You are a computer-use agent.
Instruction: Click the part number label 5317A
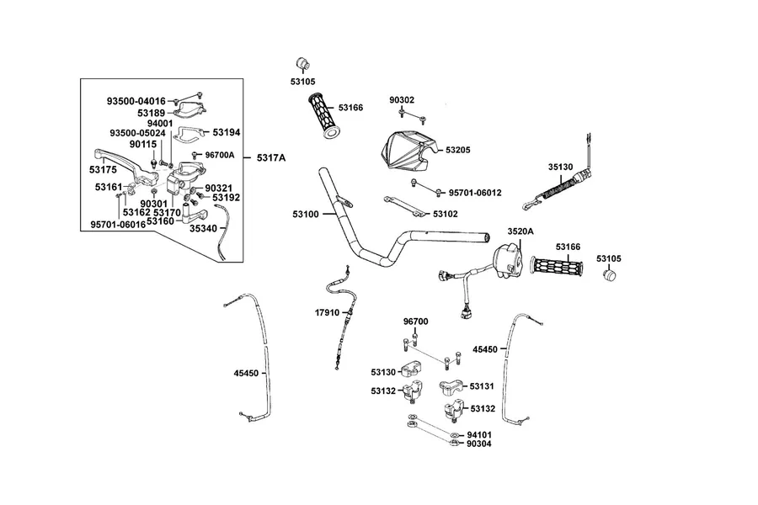(x=270, y=157)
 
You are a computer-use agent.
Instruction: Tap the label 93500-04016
(x=136, y=101)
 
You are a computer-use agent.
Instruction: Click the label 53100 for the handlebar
(x=306, y=214)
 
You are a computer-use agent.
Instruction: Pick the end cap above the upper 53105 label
(x=302, y=64)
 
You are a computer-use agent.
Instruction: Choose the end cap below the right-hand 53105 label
(x=610, y=274)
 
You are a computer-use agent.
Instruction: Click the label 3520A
(x=520, y=231)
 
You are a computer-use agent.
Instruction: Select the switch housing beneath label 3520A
(x=509, y=261)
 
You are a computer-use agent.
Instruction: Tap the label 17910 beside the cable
(x=328, y=312)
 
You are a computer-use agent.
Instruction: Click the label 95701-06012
(x=475, y=193)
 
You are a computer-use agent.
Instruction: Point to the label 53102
(x=446, y=214)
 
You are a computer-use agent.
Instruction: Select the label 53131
(x=482, y=386)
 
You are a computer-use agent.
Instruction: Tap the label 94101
(x=479, y=435)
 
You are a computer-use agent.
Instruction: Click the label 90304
(x=479, y=444)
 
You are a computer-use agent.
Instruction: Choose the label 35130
(x=560, y=167)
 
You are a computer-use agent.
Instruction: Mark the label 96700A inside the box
(x=220, y=155)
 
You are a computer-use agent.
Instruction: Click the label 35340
(x=203, y=228)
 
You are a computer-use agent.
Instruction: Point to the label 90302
(x=402, y=100)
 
